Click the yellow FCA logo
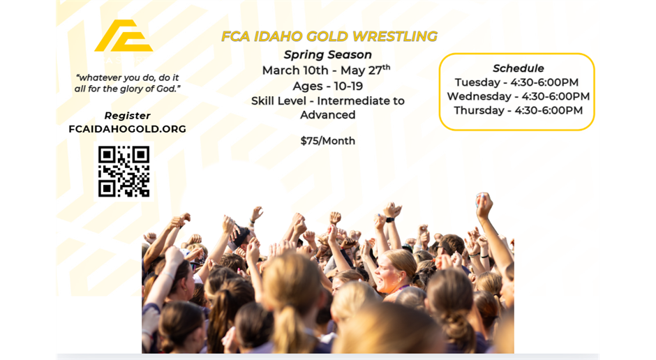(x=123, y=36)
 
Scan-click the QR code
(x=124, y=171)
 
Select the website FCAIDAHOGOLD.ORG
(x=127, y=128)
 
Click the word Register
(x=127, y=116)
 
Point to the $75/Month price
(x=327, y=141)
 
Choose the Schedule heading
(x=518, y=68)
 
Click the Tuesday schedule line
(x=516, y=82)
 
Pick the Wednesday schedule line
(x=518, y=96)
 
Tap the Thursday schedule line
(x=518, y=110)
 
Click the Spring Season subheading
(x=327, y=54)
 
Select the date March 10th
(x=295, y=70)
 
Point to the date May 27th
(x=366, y=70)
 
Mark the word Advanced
(x=327, y=115)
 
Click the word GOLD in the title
(x=326, y=36)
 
